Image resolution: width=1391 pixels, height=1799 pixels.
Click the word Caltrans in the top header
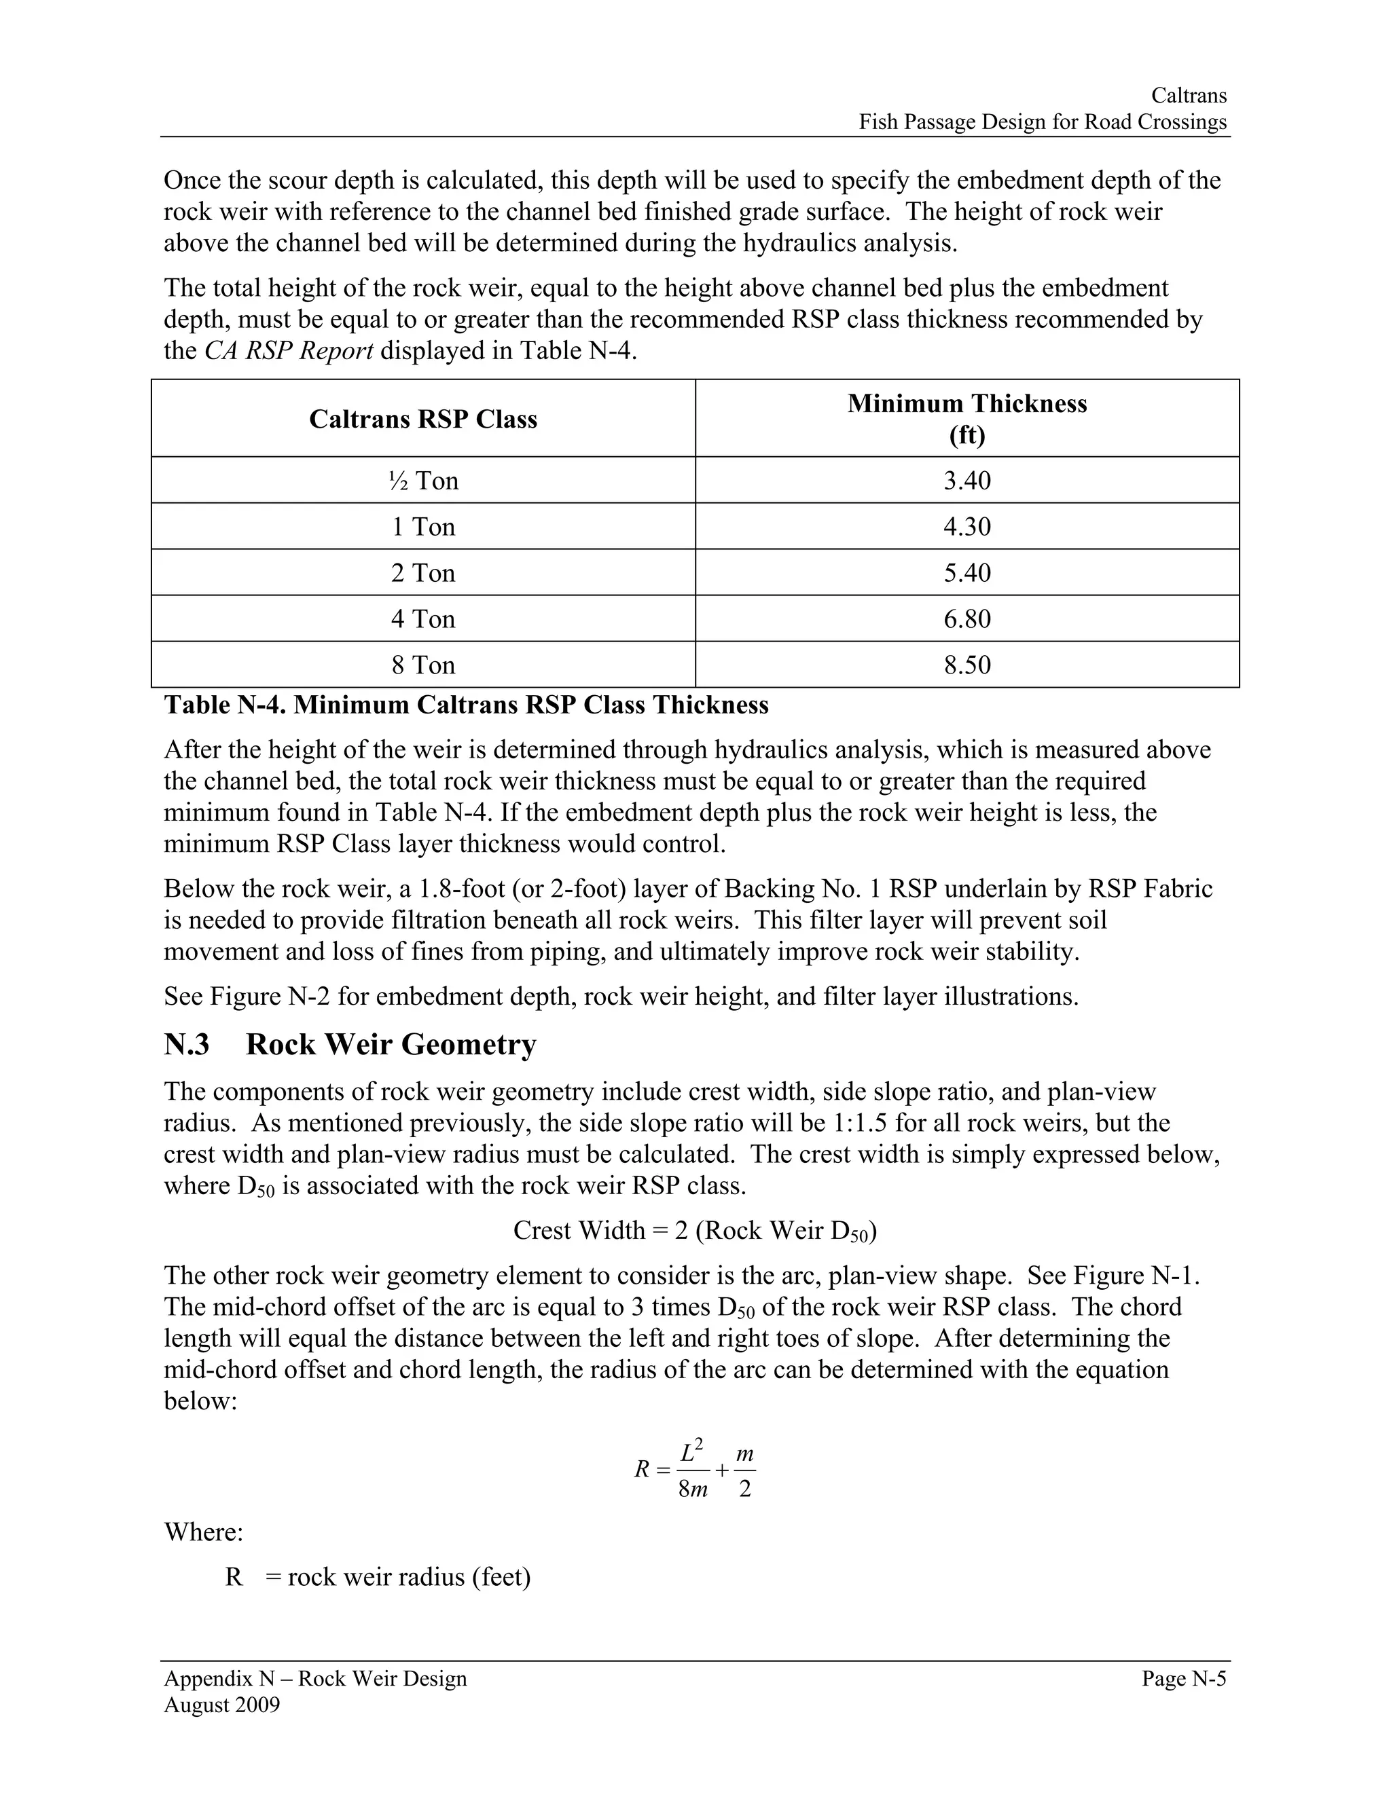1189,96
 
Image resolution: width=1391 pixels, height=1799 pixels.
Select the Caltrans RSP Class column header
422,420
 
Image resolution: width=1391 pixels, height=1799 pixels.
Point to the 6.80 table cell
967,619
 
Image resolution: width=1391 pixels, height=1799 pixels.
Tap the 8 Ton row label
422,665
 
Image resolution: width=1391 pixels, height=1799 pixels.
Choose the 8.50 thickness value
967,665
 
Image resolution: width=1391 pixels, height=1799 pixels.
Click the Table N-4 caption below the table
465,705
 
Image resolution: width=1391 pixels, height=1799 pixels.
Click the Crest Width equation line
695,1231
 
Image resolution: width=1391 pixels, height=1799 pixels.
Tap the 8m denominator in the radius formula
692,1489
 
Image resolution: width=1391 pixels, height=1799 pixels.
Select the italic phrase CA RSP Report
289,351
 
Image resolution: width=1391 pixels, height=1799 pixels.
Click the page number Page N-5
1183,1679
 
